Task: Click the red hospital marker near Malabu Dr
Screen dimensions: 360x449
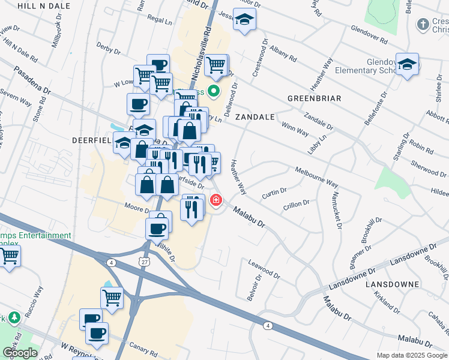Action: (x=215, y=201)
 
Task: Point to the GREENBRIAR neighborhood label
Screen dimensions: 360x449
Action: (x=314, y=98)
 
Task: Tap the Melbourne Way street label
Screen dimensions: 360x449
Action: (x=317, y=175)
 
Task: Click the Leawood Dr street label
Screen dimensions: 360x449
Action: (x=264, y=269)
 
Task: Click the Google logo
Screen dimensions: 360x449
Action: (x=19, y=353)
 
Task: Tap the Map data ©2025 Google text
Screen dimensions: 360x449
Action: (x=412, y=355)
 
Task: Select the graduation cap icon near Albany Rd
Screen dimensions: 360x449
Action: (x=244, y=20)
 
